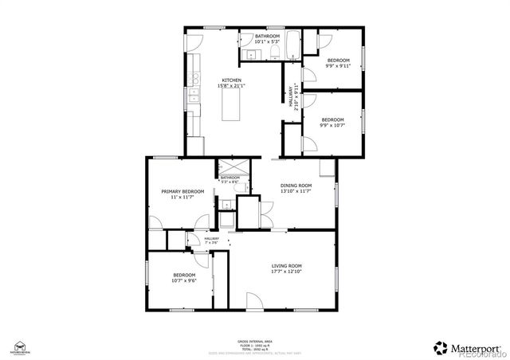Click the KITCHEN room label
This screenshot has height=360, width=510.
tap(231, 80)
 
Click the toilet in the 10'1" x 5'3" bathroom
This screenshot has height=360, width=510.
tap(273, 53)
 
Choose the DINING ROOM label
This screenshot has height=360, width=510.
tap(296, 186)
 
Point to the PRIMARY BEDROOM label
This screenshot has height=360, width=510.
tap(182, 192)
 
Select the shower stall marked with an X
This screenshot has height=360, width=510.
tap(227, 168)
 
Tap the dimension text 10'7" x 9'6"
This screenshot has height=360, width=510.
tap(184, 280)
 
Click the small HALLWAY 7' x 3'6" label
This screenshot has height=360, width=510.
tap(211, 240)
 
